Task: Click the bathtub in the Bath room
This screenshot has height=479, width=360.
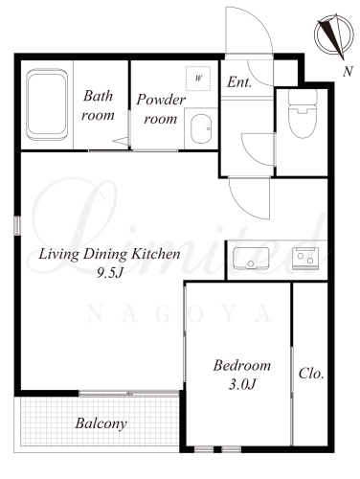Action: coord(47,104)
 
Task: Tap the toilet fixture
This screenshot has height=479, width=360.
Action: coord(303,114)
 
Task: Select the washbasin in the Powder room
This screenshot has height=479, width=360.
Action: coord(201,128)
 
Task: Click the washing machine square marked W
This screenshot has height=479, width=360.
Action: coord(198,78)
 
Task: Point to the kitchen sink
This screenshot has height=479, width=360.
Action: coord(251,258)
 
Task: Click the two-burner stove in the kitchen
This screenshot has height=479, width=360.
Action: coord(305,258)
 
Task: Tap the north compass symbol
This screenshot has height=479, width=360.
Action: coord(334,34)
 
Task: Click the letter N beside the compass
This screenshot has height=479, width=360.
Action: coord(348,71)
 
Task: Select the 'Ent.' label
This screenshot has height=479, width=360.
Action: coord(239,82)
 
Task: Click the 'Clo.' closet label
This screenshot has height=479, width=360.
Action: coord(311,374)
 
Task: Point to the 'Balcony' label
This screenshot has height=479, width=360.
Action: coord(101,424)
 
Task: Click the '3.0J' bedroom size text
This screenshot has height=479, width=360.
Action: coord(242,385)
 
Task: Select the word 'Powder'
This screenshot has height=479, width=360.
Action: coord(161,100)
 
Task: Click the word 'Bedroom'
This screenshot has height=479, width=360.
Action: coord(242,366)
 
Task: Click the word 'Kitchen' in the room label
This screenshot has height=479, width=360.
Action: coord(156,254)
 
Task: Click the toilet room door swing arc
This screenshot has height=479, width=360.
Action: coord(251,157)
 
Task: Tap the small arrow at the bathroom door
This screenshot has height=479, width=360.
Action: coord(121,141)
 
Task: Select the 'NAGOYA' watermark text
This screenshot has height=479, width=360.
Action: coord(179,314)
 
